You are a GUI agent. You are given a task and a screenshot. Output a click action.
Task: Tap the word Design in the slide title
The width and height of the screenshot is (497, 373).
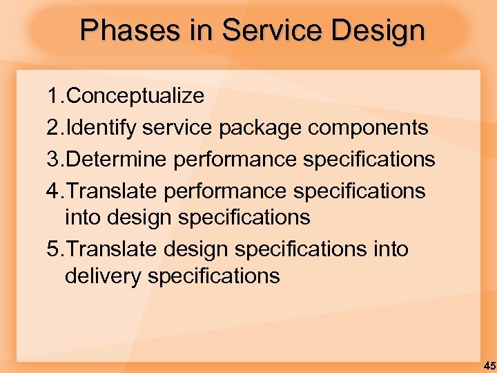coord(384,31)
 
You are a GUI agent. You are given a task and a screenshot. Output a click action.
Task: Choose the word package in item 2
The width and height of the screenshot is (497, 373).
coord(262,128)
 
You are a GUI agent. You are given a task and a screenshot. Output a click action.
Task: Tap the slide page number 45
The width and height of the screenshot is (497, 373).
coord(489,365)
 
